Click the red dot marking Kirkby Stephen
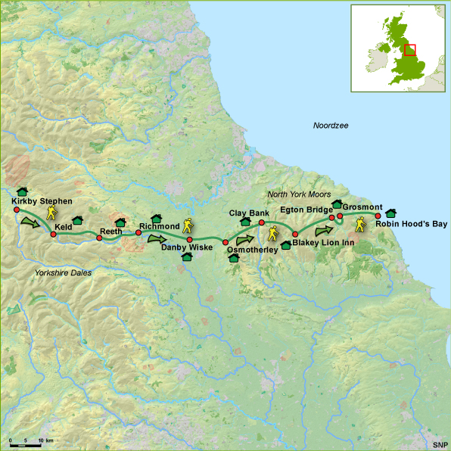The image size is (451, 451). [16, 210]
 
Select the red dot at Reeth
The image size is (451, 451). [99, 238]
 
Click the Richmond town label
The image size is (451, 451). [158, 226]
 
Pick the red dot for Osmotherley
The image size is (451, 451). [225, 242]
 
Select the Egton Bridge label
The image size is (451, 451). [303, 208]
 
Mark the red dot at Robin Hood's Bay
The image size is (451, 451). [378, 216]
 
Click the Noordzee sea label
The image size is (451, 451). [331, 124]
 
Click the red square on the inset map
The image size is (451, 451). [410, 50]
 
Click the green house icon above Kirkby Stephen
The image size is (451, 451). [22, 191]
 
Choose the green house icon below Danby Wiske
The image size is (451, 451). [187, 257]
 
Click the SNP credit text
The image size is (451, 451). [440, 444]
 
